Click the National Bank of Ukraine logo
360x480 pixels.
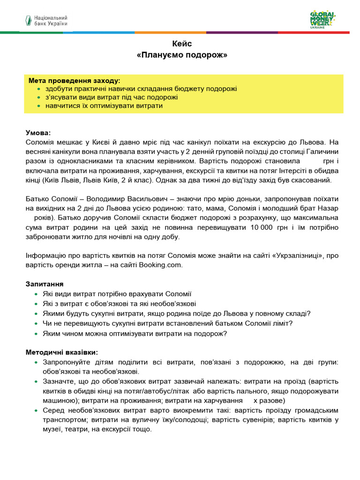46,20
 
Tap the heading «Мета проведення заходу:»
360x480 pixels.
74,80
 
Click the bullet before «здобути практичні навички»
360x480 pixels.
38,89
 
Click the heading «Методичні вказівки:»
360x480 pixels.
62,352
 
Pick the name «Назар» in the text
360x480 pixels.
329,208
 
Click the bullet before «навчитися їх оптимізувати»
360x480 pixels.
38,106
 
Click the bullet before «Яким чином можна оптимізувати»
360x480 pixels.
38,334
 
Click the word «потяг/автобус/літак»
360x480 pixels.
160,391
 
